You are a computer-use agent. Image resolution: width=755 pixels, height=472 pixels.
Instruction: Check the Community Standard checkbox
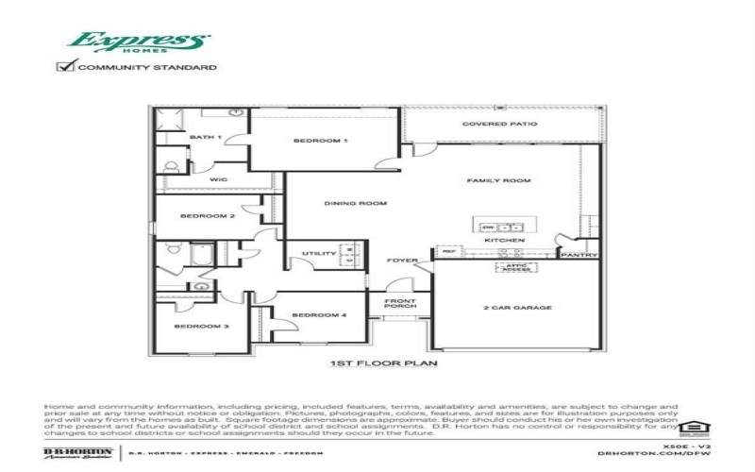tap(65, 67)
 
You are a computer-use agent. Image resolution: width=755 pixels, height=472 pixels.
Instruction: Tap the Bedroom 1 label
tap(321, 141)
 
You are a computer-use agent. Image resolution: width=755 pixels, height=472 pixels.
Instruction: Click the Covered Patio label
tap(499, 124)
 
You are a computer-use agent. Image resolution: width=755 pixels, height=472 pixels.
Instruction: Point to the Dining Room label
tap(343, 203)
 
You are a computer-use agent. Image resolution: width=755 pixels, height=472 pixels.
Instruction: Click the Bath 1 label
tap(205, 138)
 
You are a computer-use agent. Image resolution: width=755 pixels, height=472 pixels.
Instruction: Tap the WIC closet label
tap(219, 179)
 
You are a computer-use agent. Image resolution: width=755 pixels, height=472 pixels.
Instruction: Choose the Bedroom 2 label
tap(208, 216)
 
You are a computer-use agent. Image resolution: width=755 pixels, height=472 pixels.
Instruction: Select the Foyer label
tap(402, 261)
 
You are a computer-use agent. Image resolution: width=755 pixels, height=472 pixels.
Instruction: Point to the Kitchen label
tap(504, 241)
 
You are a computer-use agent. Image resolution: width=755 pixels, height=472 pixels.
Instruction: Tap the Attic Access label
tap(514, 268)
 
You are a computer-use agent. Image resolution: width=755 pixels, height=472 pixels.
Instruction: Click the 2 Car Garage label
tap(518, 308)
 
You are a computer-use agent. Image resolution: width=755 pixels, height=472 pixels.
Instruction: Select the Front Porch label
tap(399, 304)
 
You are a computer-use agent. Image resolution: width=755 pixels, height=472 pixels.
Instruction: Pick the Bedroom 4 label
tap(312, 315)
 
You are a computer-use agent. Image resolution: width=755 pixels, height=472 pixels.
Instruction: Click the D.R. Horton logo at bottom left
tap(78, 454)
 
